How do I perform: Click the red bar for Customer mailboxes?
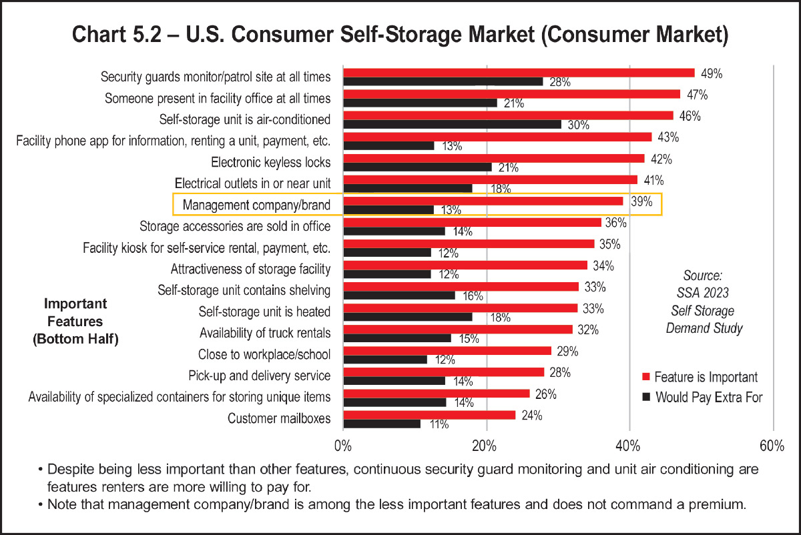(x=429, y=415)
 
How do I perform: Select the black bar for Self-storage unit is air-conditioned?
(x=452, y=124)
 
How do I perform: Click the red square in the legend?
(x=645, y=378)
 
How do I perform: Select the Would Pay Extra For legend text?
(x=709, y=398)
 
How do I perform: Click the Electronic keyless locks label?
(x=270, y=162)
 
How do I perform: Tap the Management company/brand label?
(x=256, y=205)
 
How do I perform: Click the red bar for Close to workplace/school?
(x=447, y=351)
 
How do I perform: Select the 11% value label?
(x=438, y=424)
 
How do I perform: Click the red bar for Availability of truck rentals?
(x=457, y=329)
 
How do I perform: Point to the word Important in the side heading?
(x=75, y=304)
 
